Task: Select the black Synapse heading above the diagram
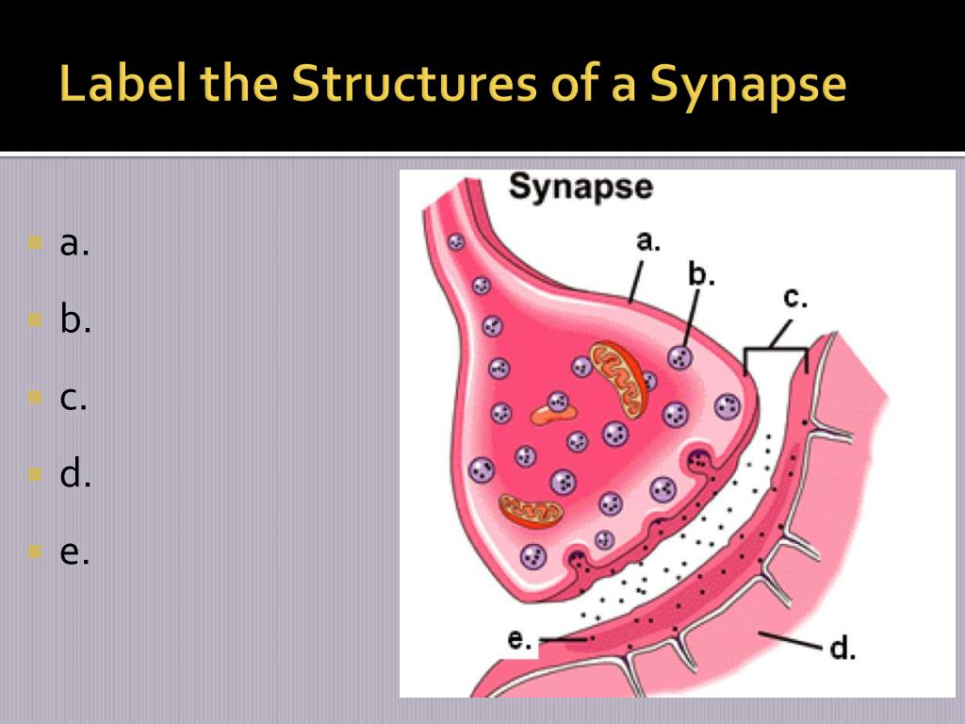(x=581, y=187)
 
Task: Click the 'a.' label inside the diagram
(x=647, y=241)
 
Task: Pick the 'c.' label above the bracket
(x=795, y=299)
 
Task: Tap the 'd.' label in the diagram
(x=842, y=650)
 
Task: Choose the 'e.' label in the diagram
(x=519, y=639)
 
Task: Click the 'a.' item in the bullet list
(x=74, y=244)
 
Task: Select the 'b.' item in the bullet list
(x=75, y=321)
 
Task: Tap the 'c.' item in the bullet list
(x=74, y=399)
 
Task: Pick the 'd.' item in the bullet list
(x=75, y=475)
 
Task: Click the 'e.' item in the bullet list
(x=74, y=552)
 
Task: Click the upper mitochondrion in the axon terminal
(x=619, y=379)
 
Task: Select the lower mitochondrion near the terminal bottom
(x=531, y=510)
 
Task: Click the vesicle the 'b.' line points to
(x=680, y=357)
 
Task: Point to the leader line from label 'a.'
(x=637, y=279)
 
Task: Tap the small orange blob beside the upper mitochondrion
(x=546, y=413)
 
